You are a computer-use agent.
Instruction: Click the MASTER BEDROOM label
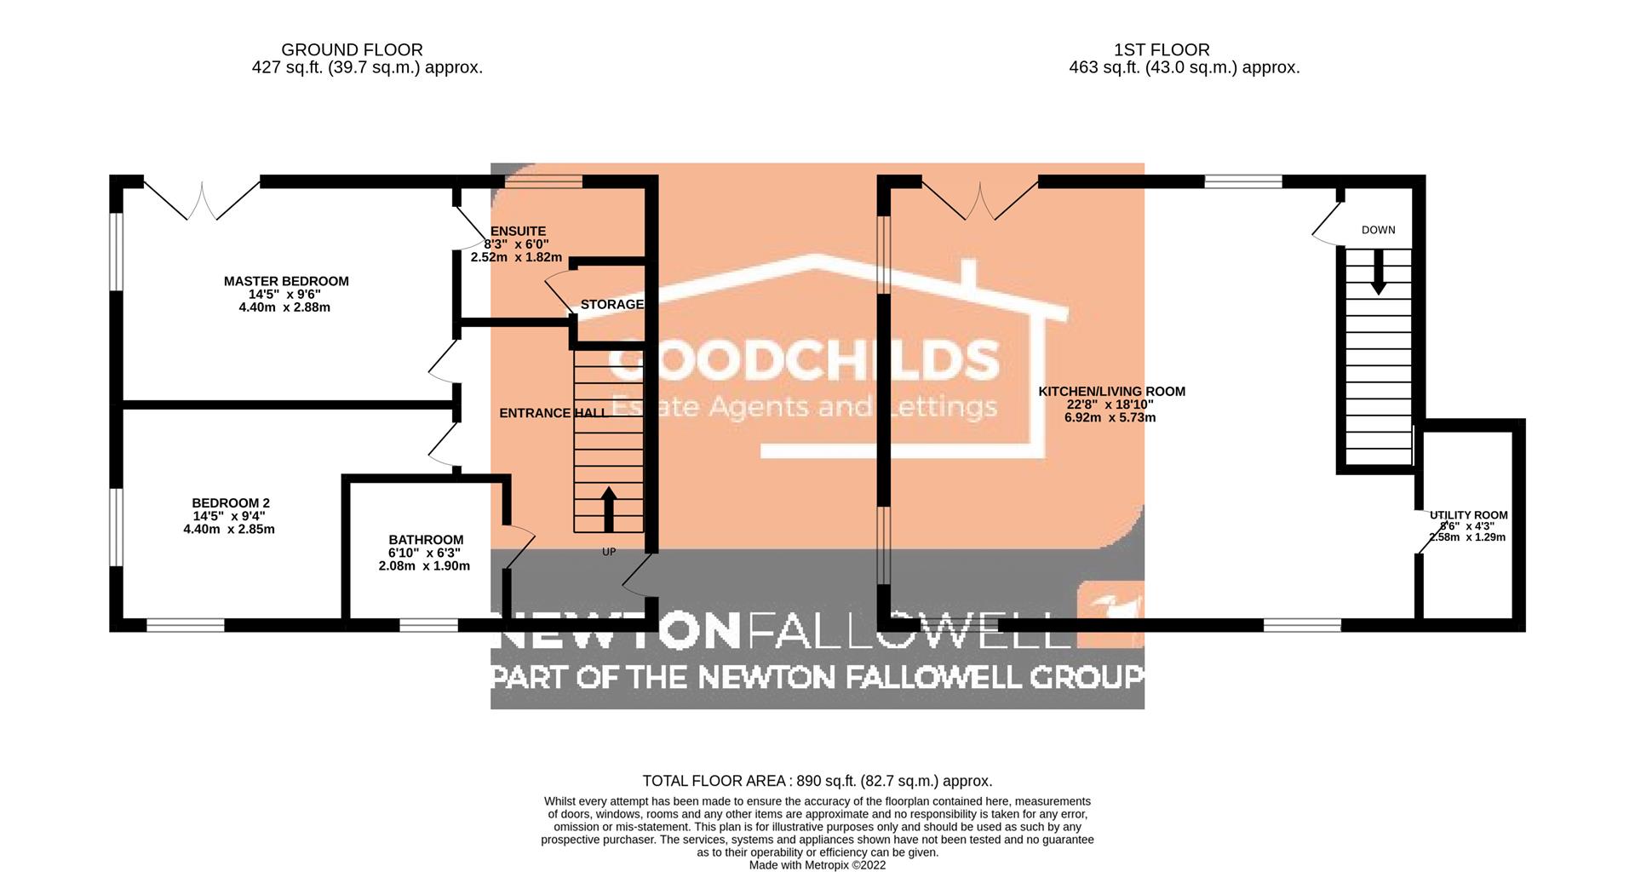tap(286, 281)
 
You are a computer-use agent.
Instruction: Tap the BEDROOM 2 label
tap(230, 503)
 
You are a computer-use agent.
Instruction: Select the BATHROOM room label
tap(426, 540)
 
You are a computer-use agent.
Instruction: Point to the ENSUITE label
tap(518, 232)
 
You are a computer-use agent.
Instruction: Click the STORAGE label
tap(611, 305)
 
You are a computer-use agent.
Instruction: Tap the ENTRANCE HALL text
tap(554, 413)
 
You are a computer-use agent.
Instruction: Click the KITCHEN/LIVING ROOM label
tap(1111, 392)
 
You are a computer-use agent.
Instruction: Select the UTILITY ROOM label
tap(1468, 515)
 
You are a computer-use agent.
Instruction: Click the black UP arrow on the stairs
tap(609, 509)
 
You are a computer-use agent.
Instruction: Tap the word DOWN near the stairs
tap(1378, 230)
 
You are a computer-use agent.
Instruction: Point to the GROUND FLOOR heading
tap(352, 50)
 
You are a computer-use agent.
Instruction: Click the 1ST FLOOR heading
tap(1162, 50)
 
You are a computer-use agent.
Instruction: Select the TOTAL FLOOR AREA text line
tap(817, 781)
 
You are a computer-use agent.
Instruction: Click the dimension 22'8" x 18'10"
tap(1111, 405)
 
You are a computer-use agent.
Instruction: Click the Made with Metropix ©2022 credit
tap(817, 865)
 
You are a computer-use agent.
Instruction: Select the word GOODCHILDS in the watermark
tap(804, 359)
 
